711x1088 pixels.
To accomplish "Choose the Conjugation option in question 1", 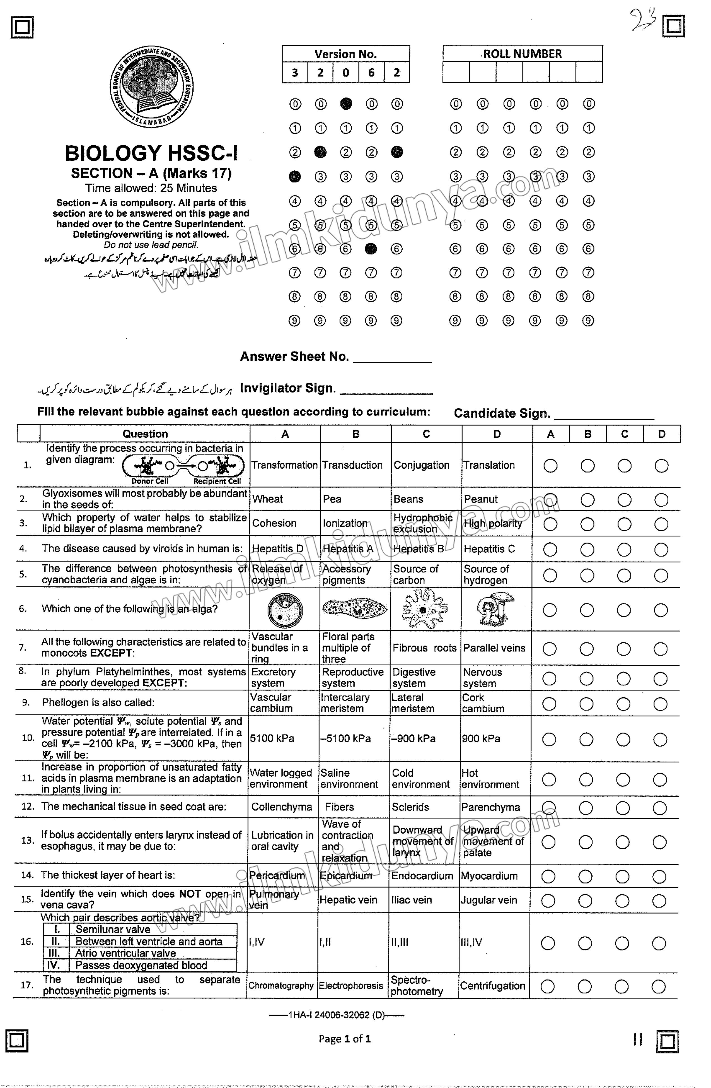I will pos(421,465).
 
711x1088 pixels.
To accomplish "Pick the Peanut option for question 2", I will pos(481,499).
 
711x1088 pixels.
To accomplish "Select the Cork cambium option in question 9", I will pos(483,703).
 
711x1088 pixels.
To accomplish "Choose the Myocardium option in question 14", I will pos(489,876).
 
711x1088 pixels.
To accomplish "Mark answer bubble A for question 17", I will pos(547,986).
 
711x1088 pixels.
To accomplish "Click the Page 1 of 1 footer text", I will pos(345,1039).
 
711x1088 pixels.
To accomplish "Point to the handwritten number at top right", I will pos(644,21).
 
